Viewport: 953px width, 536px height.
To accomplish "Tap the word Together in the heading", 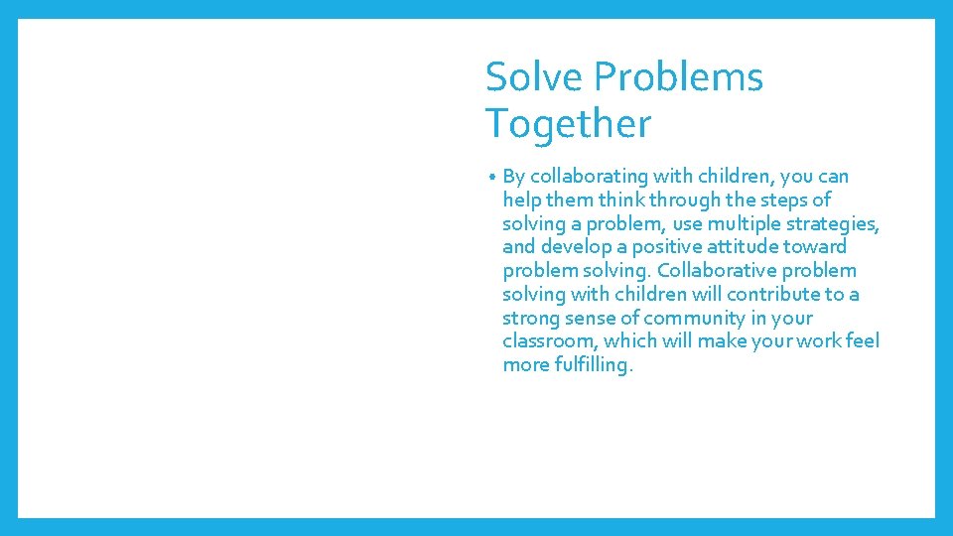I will [x=568, y=125].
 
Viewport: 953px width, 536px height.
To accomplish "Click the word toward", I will [x=817, y=247].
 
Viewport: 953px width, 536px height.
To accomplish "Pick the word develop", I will [x=576, y=247].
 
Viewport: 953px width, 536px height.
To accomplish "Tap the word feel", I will [x=862, y=341].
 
